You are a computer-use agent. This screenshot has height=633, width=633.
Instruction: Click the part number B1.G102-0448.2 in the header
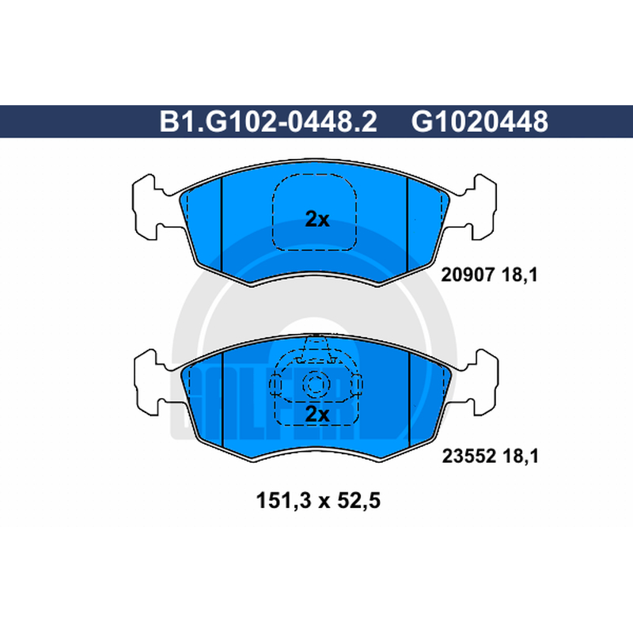coord(268,122)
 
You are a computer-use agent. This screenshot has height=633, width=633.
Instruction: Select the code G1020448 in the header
coord(479,122)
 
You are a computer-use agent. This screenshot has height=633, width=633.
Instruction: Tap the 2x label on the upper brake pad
coord(317,219)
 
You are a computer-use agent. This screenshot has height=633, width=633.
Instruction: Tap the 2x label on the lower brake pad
coord(317,414)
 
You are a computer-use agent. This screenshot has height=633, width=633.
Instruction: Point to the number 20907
coord(468,275)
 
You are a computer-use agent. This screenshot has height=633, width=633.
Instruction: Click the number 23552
coord(468,457)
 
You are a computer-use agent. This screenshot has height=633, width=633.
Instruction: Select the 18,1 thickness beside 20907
coord(520,275)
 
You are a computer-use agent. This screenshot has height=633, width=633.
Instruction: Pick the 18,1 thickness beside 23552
coord(521,457)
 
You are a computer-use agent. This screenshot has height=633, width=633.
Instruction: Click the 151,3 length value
coord(284,501)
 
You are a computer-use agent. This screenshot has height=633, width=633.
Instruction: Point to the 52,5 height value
coord(358,501)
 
